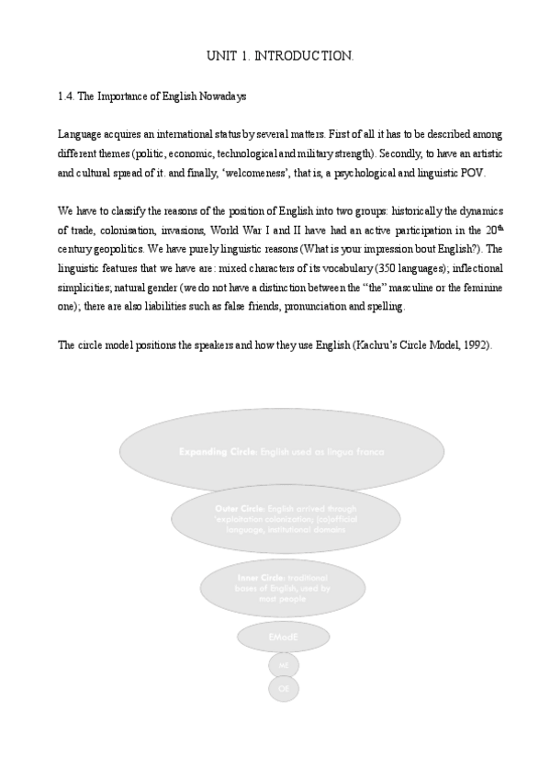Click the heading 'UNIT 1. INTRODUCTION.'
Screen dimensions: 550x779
(280, 57)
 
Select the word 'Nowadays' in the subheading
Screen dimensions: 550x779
(219, 96)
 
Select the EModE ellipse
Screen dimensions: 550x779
(283, 637)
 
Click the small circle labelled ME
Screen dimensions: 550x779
(283, 663)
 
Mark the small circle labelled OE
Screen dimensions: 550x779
(283, 686)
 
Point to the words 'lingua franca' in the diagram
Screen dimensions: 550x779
(359, 452)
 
